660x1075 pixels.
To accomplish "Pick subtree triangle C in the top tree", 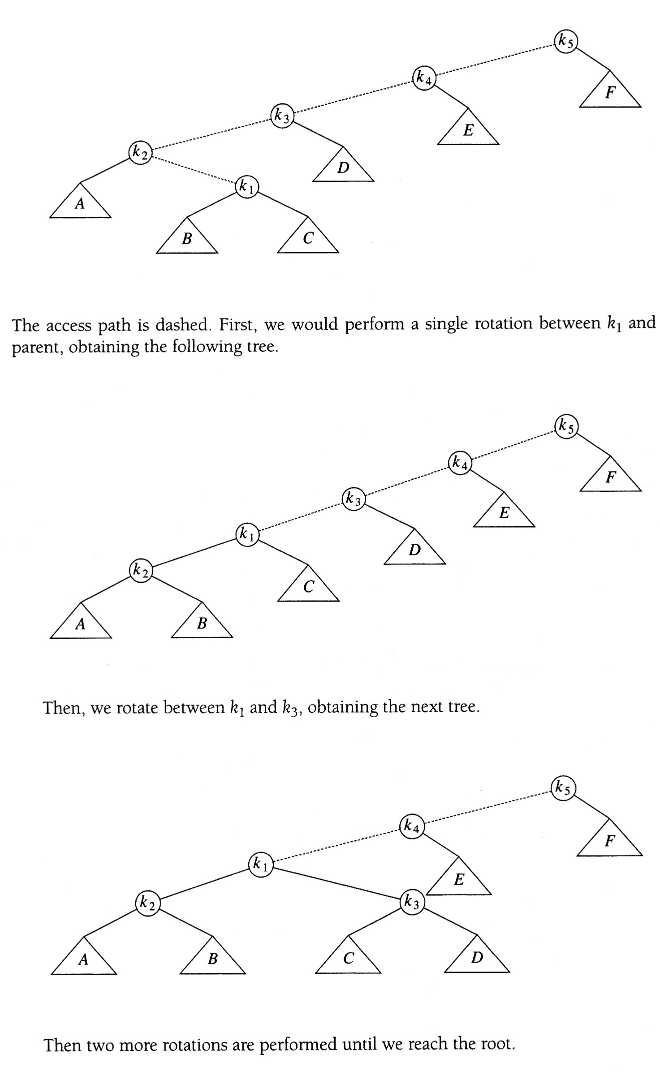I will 308,239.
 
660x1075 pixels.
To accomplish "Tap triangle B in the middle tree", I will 202,623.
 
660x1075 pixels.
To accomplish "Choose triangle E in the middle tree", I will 504,513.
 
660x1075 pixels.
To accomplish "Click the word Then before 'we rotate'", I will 63,708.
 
